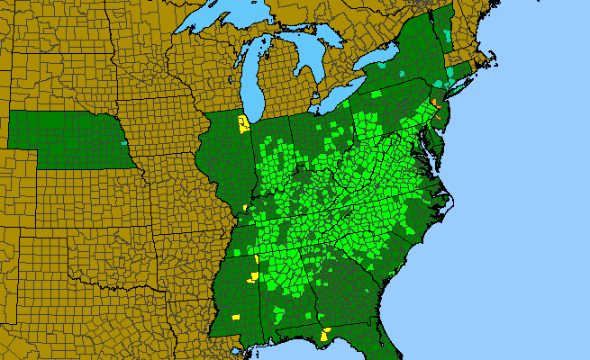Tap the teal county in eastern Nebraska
[x=123, y=141]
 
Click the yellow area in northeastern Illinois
[x=242, y=123]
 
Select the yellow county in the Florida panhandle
[x=324, y=336]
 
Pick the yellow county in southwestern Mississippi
[x=236, y=317]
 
